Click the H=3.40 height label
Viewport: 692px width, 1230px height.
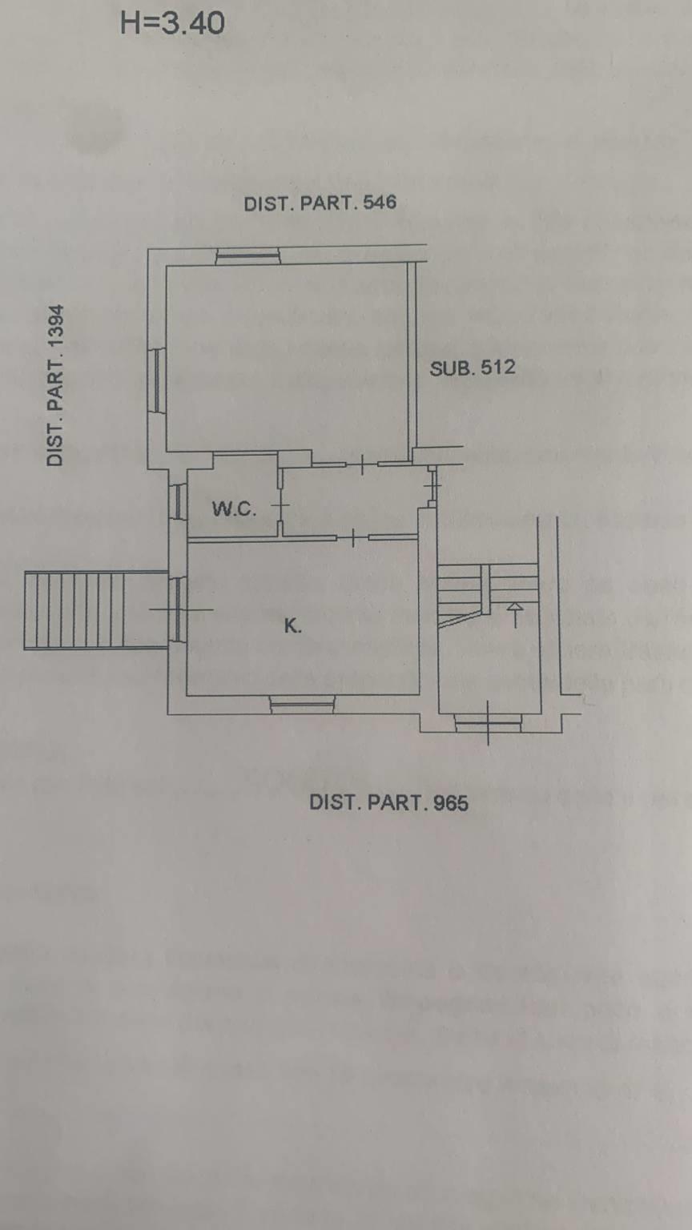tap(172, 23)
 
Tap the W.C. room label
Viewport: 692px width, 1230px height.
tap(234, 509)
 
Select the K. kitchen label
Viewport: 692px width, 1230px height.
tap(292, 625)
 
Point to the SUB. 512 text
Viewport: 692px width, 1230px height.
tap(473, 368)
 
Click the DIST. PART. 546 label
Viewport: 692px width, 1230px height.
tap(320, 203)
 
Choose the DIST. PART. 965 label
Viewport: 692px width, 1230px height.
tap(388, 802)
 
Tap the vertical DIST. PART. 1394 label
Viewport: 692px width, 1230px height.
tap(55, 385)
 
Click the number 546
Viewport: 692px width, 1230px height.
tap(380, 202)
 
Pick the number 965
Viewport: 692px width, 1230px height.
tap(451, 803)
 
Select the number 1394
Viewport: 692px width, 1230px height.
tap(55, 326)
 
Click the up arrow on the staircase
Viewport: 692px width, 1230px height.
tap(515, 615)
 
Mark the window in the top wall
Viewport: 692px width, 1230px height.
tap(247, 257)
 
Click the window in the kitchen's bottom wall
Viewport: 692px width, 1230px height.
tap(302, 705)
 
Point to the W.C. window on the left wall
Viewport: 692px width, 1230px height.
tap(179, 500)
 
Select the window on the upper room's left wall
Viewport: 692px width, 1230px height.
tap(158, 380)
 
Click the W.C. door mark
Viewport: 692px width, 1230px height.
tap(281, 504)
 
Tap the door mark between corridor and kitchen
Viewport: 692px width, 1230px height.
tap(352, 537)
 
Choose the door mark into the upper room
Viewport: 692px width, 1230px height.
tap(362, 465)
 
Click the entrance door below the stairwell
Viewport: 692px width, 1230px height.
tap(489, 724)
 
